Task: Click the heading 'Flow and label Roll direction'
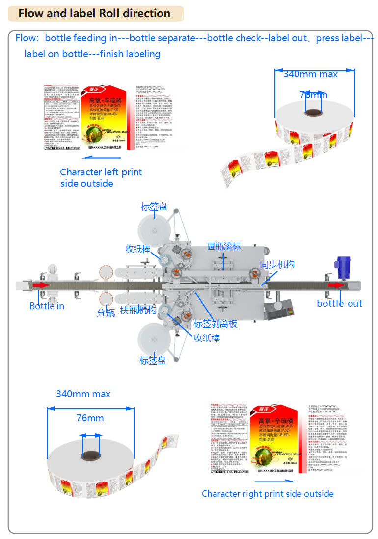94,13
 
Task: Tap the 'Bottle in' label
47,306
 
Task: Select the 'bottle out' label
339,303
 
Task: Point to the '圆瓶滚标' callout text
224,246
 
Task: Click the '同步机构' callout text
277,264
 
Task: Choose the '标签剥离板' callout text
215,324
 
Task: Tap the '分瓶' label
106,312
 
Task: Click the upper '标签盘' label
155,207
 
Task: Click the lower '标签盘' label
153,361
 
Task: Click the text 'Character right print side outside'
268,494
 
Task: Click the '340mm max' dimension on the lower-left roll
83,394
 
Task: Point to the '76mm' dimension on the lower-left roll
90,418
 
